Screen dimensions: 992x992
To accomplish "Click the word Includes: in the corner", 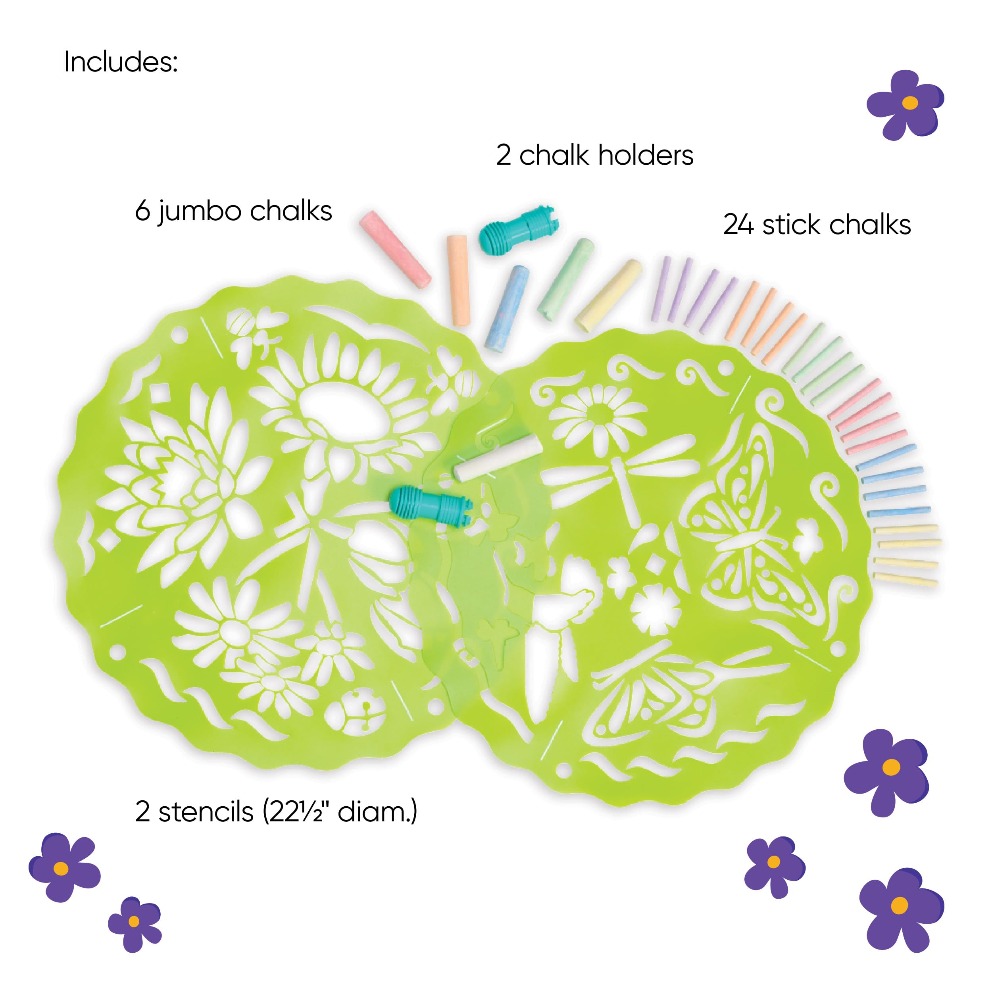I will click(x=121, y=63).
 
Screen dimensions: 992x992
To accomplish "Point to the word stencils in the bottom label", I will click(x=206, y=812).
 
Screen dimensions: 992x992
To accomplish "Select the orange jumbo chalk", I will click(x=458, y=281).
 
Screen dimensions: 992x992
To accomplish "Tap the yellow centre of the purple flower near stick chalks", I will click(x=910, y=102).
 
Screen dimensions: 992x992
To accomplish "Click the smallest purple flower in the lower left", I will click(x=134, y=922).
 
